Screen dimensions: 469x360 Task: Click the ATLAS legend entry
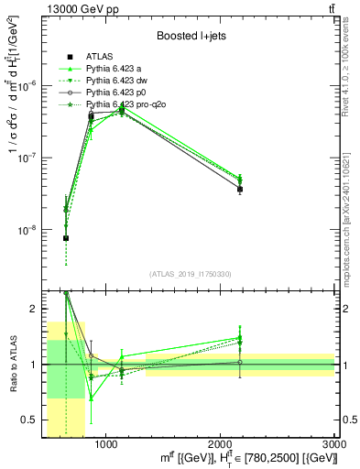98,57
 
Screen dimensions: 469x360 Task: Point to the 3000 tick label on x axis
334,444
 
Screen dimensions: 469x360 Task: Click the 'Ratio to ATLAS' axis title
11,365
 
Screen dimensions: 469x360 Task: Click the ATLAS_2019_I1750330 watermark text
190,274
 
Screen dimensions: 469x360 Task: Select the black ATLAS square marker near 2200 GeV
240,190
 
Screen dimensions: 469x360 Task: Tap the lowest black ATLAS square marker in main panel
66,238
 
